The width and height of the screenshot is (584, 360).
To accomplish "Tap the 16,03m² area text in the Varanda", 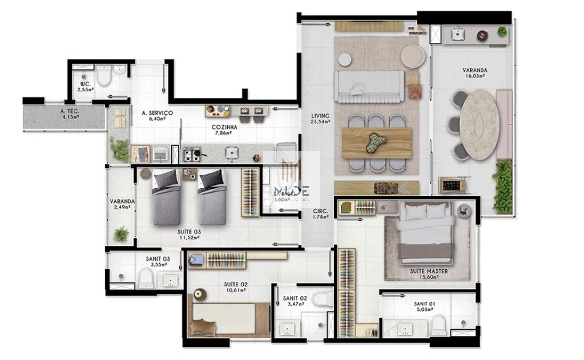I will (474, 76).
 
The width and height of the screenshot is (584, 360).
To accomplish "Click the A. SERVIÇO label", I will (157, 113).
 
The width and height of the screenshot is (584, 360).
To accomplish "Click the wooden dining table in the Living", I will (376, 142).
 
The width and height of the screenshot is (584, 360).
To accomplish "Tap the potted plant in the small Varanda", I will (122, 234).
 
